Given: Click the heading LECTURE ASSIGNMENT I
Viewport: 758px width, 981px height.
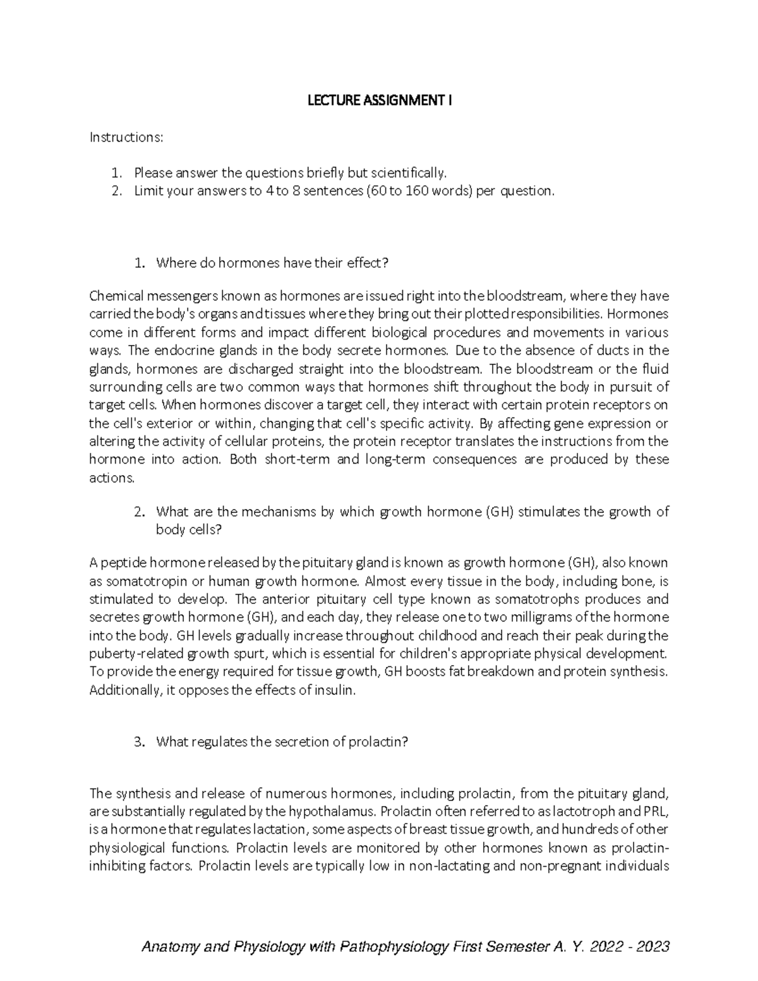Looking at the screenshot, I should point(379,100).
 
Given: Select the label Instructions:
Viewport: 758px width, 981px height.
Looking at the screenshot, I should point(126,137).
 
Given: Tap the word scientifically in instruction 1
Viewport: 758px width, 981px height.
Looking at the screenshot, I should point(407,173).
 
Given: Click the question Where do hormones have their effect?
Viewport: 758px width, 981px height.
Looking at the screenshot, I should point(272,263).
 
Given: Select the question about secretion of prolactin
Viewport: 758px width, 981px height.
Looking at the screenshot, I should point(282,742).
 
